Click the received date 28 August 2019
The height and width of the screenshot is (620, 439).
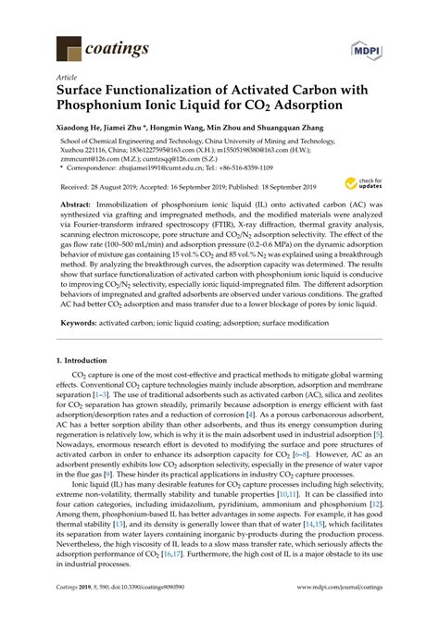click(x=114, y=185)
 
